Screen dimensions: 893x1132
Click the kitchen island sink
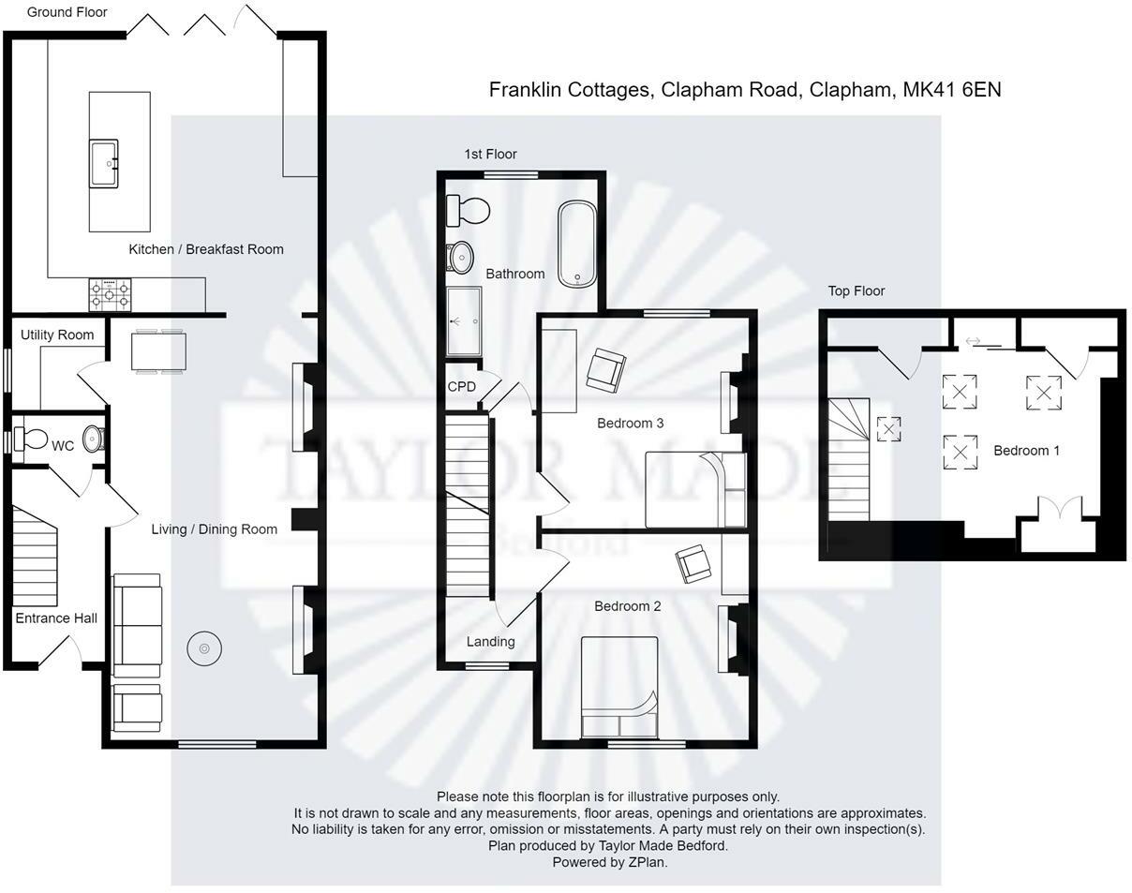[x=104, y=163]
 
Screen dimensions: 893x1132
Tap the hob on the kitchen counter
[x=110, y=295]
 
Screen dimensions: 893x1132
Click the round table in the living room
[x=204, y=648]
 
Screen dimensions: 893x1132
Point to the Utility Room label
[x=57, y=335]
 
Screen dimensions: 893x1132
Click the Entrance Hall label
[x=56, y=618]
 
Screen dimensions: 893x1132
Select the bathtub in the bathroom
[x=577, y=244]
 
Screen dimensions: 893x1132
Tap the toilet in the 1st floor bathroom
[x=468, y=210]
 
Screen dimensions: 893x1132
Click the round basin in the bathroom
[x=460, y=256]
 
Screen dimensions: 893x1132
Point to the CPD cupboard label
[x=461, y=387]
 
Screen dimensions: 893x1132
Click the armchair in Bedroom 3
[x=605, y=369]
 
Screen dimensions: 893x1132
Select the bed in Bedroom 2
[x=618, y=688]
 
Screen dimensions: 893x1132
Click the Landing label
[x=490, y=642]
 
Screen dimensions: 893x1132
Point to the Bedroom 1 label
[x=1026, y=451]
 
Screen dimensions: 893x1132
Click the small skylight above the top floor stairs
[x=888, y=429]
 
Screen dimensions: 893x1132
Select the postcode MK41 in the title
[x=927, y=90]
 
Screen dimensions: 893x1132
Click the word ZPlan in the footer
[x=647, y=862]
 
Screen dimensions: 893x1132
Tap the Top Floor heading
[x=856, y=291]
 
